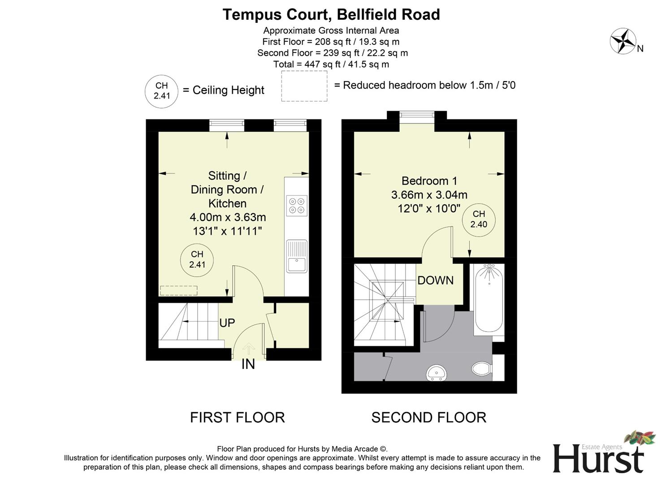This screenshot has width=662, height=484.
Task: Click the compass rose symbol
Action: tap(623, 41)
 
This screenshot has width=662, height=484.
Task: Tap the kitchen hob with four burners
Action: tap(297, 206)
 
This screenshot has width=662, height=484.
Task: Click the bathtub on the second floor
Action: tap(489, 298)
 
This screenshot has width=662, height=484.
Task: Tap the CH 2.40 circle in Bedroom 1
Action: tap(479, 219)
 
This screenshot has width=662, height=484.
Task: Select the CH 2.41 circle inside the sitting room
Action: tap(197, 259)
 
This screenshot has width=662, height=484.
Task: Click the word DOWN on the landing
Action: tap(435, 281)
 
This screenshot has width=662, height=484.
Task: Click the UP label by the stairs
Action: tap(227, 323)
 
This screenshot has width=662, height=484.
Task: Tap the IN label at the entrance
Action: tap(248, 364)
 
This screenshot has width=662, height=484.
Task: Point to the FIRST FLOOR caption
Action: tap(237, 417)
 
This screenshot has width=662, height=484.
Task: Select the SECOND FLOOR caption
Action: tap(428, 417)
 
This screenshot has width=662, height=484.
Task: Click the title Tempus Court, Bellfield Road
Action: tap(331, 14)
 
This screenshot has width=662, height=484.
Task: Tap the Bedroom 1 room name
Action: tap(429, 181)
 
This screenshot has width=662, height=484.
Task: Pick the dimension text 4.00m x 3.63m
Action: tap(228, 217)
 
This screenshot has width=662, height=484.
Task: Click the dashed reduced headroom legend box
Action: tap(304, 86)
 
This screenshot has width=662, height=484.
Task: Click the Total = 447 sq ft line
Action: tap(331, 64)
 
